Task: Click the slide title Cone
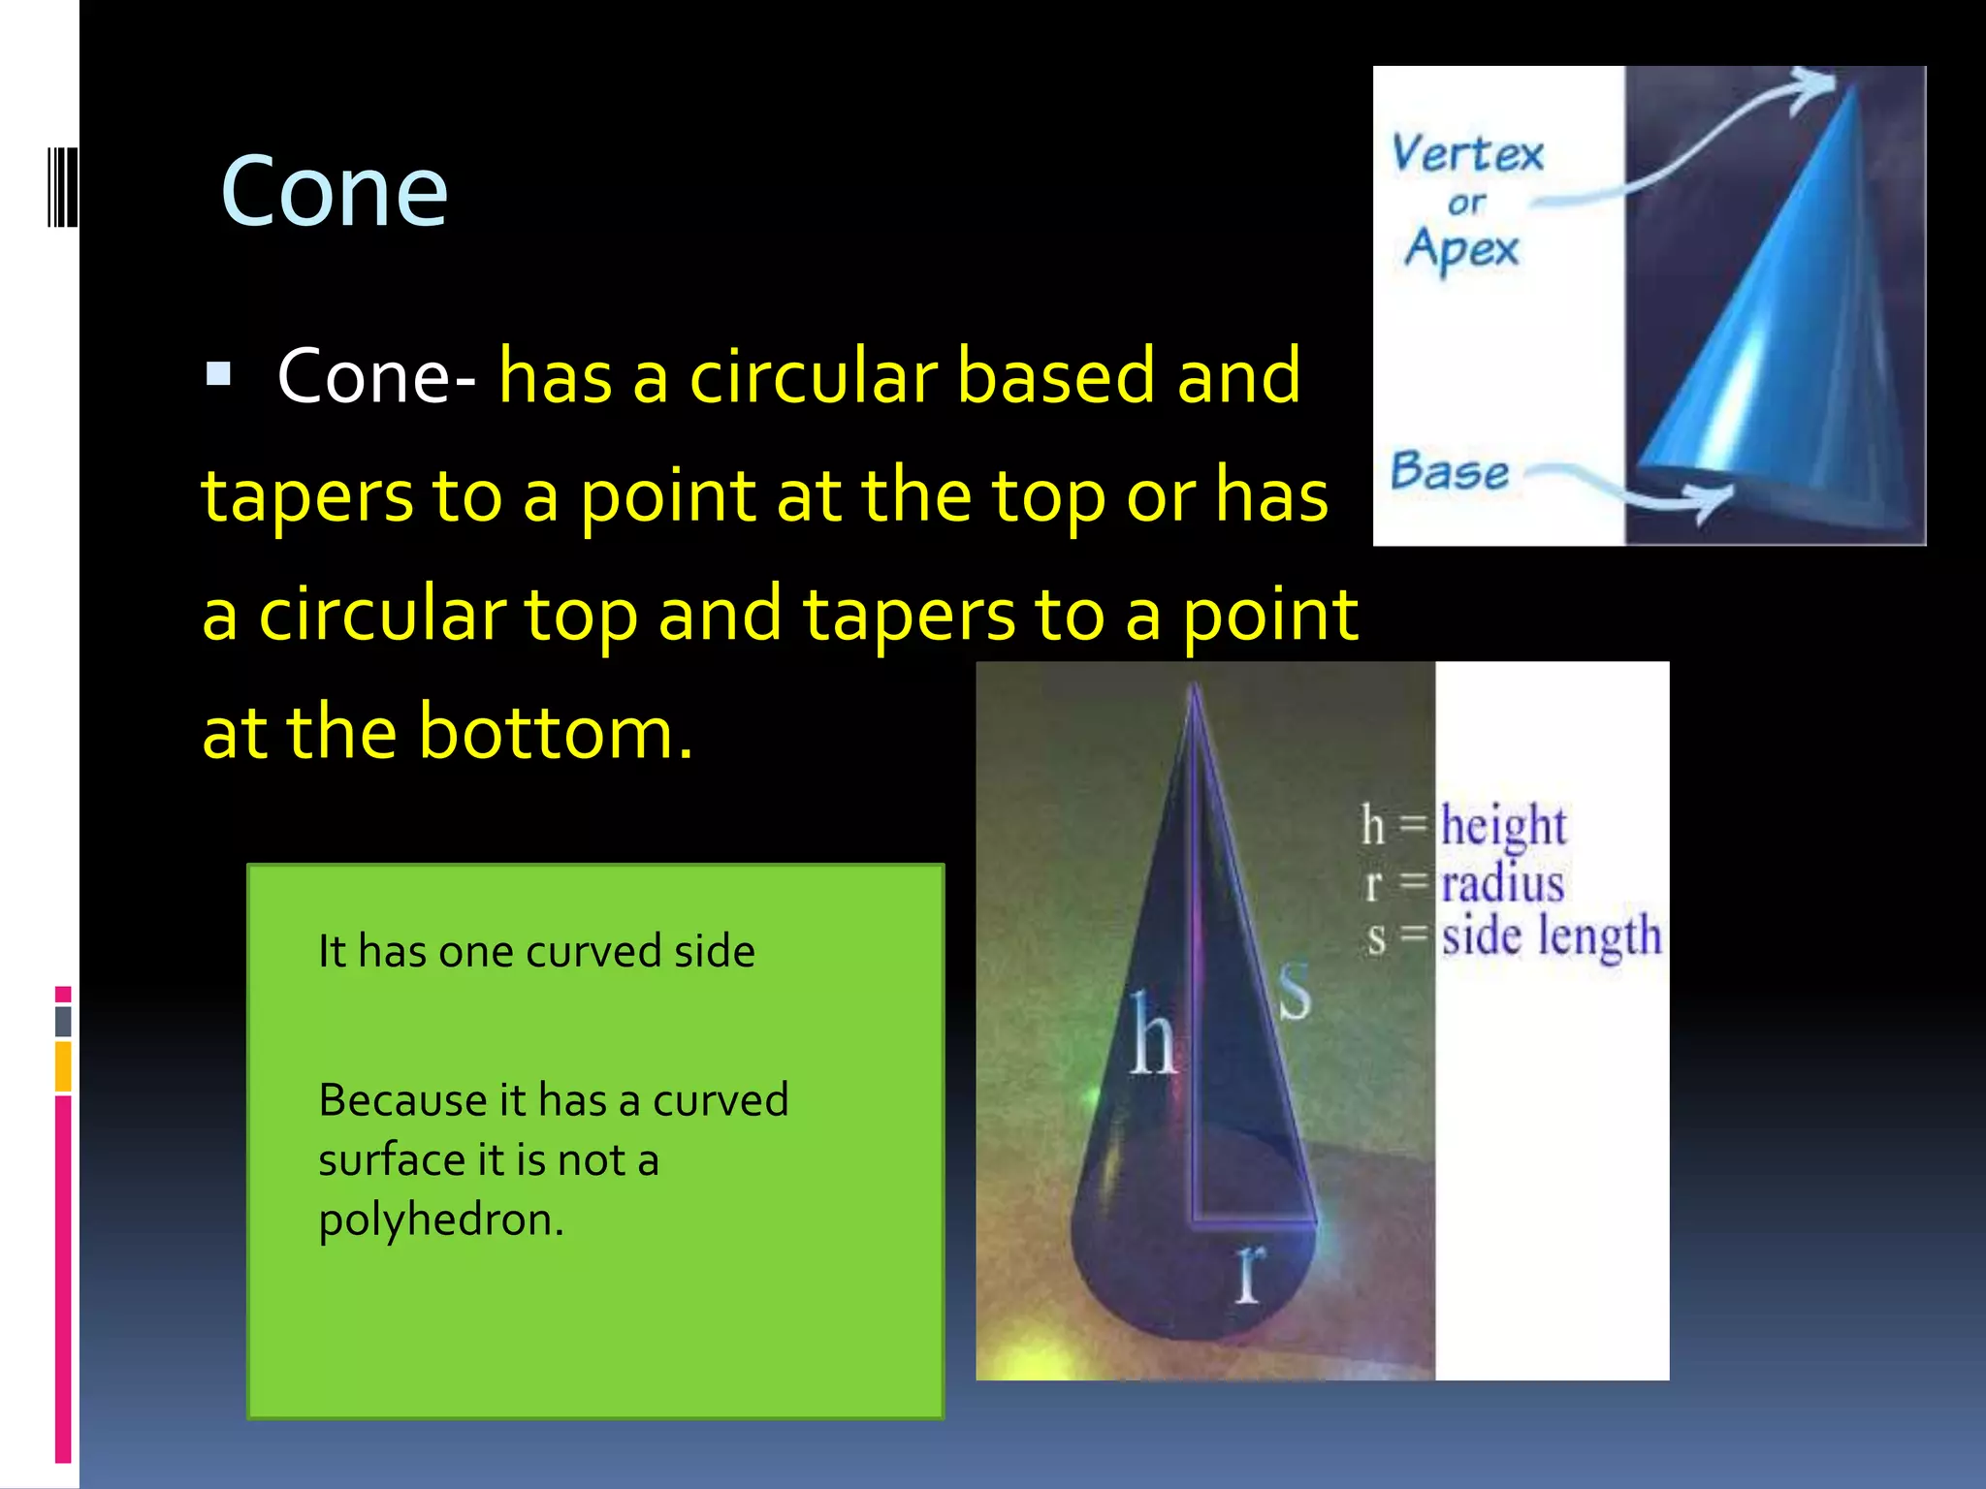[334, 192]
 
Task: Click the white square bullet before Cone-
[218, 374]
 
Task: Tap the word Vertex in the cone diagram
[1466, 154]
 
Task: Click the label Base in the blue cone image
[1449, 472]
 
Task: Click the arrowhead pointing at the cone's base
[1714, 501]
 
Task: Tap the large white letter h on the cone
[1153, 1036]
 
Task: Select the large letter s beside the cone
[1294, 991]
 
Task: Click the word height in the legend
[1502, 826]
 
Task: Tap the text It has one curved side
[536, 951]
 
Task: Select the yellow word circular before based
[813, 376]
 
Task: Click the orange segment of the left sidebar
[63, 1066]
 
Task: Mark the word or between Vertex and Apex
[1466, 204]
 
